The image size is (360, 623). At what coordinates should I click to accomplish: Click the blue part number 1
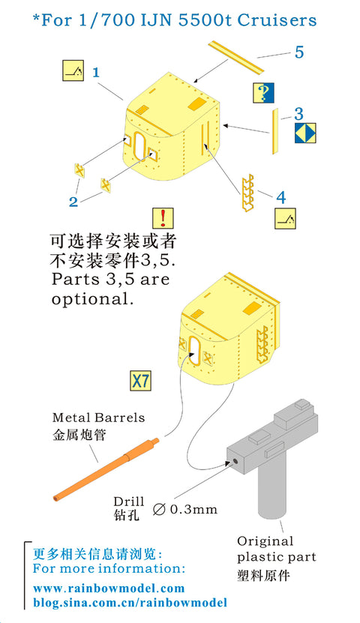click(x=96, y=72)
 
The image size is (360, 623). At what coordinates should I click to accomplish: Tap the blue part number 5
click(x=299, y=52)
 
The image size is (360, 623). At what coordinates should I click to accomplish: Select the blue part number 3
click(x=298, y=114)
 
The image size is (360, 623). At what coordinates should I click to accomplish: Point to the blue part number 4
click(x=281, y=197)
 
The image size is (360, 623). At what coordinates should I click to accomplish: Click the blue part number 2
click(x=73, y=202)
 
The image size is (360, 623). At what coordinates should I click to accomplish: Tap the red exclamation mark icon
click(x=163, y=217)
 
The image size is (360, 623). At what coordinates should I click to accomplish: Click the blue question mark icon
click(x=263, y=93)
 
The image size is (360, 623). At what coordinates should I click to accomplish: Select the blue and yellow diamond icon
click(x=305, y=133)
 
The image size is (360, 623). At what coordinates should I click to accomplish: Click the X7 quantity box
click(x=141, y=381)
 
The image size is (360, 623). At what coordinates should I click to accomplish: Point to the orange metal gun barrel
click(x=106, y=469)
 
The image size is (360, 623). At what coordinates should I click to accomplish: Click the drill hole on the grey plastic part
click(x=235, y=461)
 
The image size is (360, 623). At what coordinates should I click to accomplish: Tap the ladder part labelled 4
click(x=247, y=193)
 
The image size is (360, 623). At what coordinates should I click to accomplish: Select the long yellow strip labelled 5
click(x=236, y=57)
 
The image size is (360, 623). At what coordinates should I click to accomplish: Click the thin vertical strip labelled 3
click(x=274, y=131)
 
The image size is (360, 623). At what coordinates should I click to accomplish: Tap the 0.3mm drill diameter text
click(x=193, y=509)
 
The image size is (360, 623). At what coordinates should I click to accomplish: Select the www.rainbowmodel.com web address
click(x=109, y=588)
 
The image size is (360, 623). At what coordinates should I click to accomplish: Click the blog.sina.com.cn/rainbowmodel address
click(x=130, y=602)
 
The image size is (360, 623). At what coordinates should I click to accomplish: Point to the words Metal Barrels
click(x=98, y=418)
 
